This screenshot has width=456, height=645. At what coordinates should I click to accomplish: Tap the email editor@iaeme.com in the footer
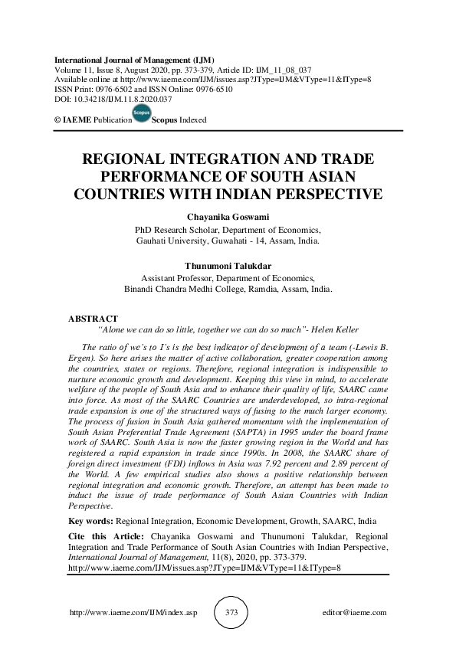[x=356, y=614]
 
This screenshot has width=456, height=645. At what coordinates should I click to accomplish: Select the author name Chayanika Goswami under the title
[x=228, y=217]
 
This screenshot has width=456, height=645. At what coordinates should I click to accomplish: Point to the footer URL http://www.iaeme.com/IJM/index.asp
[x=133, y=614]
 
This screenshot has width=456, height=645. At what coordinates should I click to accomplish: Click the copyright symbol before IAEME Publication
[x=57, y=120]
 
